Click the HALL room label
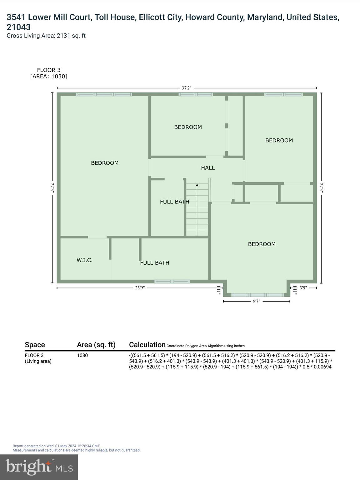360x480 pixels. (x=208, y=168)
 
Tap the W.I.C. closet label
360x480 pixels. (x=85, y=260)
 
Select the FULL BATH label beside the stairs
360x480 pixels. (x=174, y=202)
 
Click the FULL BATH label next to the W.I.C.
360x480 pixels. (x=155, y=263)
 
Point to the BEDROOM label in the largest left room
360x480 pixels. (x=105, y=163)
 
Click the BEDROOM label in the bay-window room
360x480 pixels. (x=262, y=244)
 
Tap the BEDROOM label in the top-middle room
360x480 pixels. (x=188, y=127)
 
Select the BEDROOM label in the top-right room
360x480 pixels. (x=279, y=140)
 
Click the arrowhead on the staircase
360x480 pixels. (x=197, y=185)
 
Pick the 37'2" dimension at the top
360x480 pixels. (x=187, y=88)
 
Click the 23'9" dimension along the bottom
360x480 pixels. (x=140, y=288)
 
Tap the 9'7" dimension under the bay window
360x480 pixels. (x=256, y=301)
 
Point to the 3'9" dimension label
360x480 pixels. (x=303, y=288)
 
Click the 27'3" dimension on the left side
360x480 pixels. (x=52, y=188)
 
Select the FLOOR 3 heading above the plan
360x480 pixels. (x=49, y=70)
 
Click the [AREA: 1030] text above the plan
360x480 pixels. (x=49, y=76)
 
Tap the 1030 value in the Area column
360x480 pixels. (x=82, y=355)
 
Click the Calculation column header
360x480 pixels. (x=147, y=345)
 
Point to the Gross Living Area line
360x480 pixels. (x=46, y=36)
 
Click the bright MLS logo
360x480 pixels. (x=39, y=467)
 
